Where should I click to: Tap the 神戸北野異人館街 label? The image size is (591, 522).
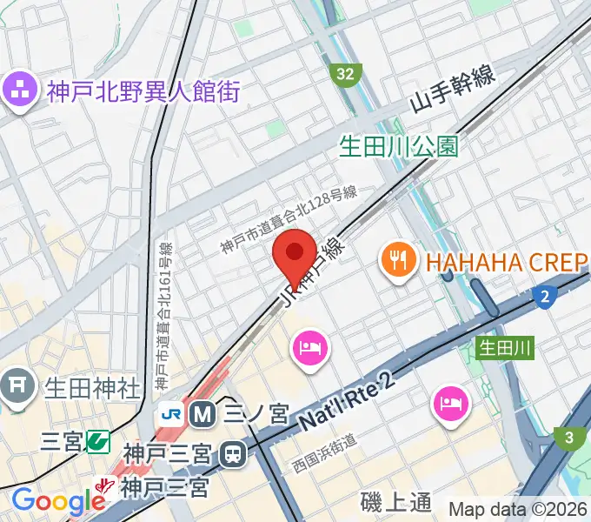point(143,90)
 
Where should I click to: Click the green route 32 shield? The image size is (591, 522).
point(346,74)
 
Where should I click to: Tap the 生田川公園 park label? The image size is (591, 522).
point(399,145)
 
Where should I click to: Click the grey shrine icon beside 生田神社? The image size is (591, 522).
point(17,383)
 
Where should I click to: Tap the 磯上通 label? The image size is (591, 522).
point(395,502)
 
